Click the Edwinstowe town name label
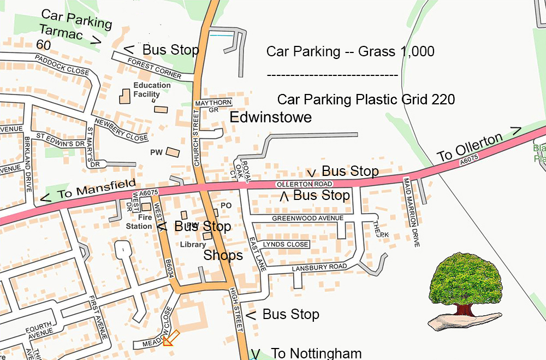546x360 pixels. click(270, 117)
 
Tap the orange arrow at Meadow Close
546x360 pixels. click(170, 338)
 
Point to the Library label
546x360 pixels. click(192, 245)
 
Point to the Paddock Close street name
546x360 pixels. click(62, 64)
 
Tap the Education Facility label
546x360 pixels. click(152, 90)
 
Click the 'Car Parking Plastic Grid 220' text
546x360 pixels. click(366, 100)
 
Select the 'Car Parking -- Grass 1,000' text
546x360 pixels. click(350, 52)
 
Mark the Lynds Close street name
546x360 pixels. click(286, 244)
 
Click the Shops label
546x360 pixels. click(223, 256)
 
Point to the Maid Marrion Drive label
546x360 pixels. click(411, 211)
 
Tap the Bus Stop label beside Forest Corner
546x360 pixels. click(170, 50)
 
